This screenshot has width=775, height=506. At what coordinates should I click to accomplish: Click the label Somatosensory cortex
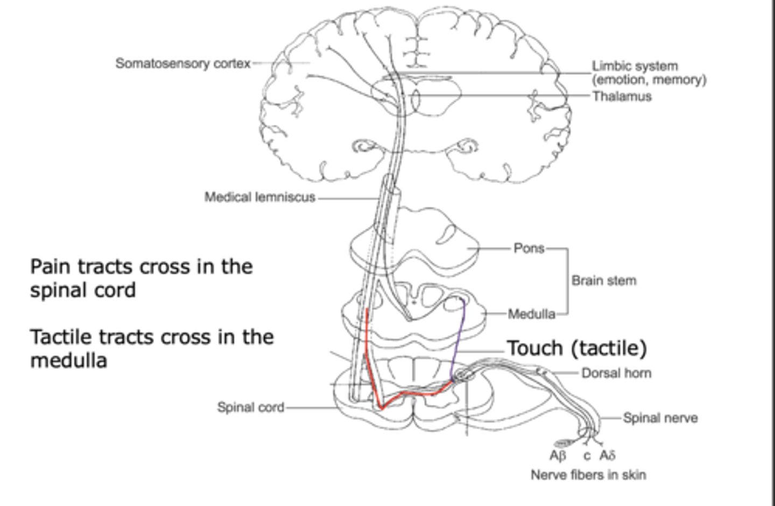[x=183, y=63]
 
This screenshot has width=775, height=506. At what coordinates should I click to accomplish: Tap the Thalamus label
[x=622, y=96]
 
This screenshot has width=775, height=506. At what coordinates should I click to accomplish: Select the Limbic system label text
[x=635, y=66]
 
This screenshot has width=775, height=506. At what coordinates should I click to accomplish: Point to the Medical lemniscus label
[x=259, y=197]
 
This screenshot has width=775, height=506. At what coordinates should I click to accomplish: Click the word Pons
[x=529, y=248]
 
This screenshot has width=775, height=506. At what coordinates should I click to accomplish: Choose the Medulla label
[x=531, y=313]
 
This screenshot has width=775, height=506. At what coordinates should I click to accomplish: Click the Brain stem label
[x=604, y=281]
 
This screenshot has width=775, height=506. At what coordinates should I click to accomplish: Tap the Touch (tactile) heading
[x=576, y=348]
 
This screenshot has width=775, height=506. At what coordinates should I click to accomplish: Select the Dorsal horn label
[x=616, y=373]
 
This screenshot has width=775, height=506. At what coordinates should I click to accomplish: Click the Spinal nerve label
[x=660, y=418]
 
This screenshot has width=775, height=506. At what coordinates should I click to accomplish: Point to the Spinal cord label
[x=250, y=408]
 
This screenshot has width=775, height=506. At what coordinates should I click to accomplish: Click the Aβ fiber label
[x=558, y=456]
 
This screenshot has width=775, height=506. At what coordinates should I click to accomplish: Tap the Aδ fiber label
[x=607, y=456]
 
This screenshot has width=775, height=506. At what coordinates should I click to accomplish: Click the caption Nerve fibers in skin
[x=588, y=475]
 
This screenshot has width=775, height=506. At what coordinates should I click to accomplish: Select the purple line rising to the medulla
[x=457, y=339]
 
